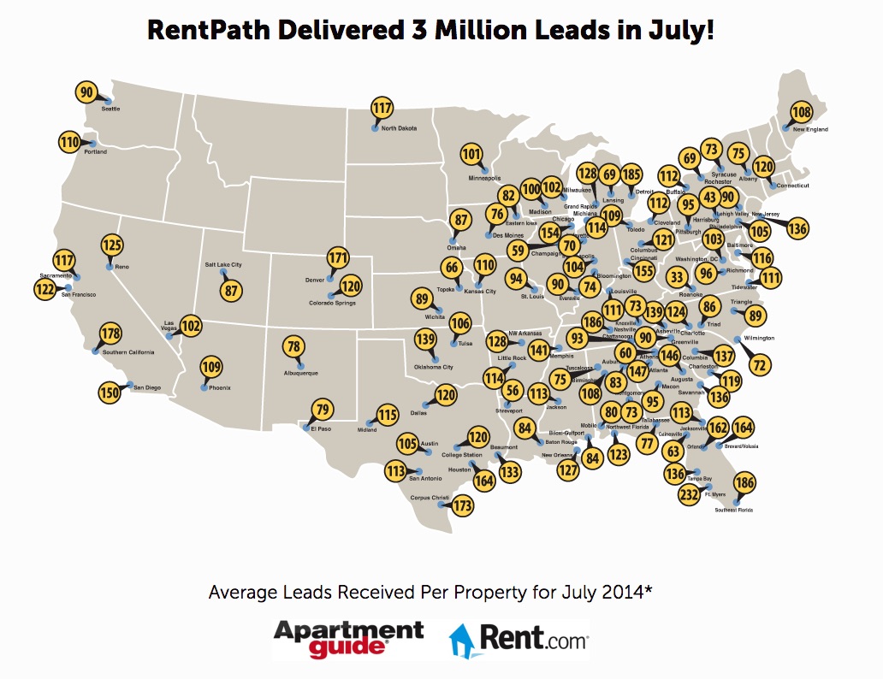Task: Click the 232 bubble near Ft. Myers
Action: tap(689, 494)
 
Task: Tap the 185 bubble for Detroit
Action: tap(631, 175)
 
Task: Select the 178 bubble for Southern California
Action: tap(110, 334)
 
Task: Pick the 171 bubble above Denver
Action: tap(339, 257)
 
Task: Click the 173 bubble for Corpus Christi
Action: tap(463, 505)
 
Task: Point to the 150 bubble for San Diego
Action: tap(109, 393)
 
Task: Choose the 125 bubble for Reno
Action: tap(112, 245)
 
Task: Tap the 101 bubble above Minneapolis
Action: tap(471, 155)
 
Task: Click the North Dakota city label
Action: tap(399, 128)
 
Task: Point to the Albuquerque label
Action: tap(300, 373)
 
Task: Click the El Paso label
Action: tap(320, 428)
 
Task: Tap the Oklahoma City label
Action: tap(433, 367)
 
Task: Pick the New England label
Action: tap(811, 129)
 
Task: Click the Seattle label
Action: tap(110, 109)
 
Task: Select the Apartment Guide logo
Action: tap(348, 638)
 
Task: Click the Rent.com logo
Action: tap(519, 638)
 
